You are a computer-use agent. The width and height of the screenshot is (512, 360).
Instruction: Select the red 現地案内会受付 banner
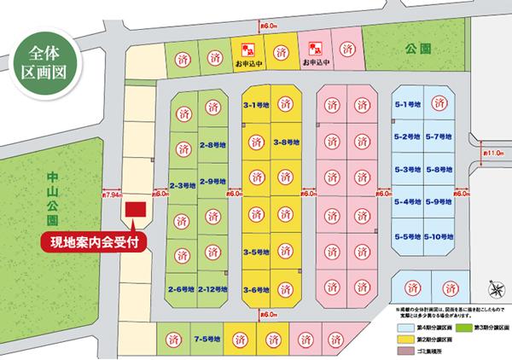click(x=94, y=241)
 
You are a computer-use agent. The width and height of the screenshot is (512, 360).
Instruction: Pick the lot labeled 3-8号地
click(x=286, y=142)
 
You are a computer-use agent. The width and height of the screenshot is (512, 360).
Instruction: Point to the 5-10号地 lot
click(x=438, y=235)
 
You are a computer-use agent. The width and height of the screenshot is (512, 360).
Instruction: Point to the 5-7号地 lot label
click(x=438, y=137)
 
